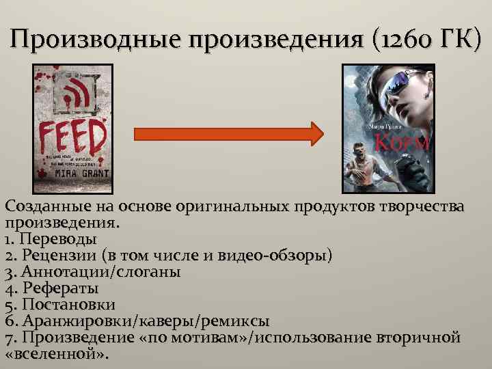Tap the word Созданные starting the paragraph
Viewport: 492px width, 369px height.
[x=45, y=207]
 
